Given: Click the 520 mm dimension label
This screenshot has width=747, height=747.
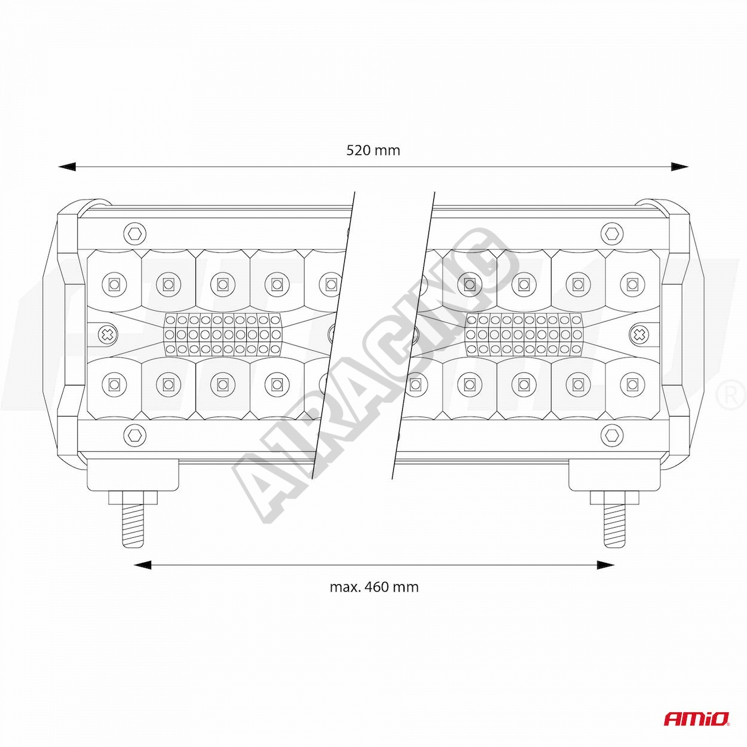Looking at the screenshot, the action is pos(373,150).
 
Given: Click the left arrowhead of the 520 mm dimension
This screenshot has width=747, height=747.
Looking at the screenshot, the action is pos(67,167).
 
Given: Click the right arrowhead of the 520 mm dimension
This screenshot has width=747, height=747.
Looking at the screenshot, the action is pos(680,167).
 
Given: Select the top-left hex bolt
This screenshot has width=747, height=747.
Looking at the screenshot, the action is pos(135,234).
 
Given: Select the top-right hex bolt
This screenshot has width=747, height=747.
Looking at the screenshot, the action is pos(612,234).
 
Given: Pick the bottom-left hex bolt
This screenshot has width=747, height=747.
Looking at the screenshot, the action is pos(135,435).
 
